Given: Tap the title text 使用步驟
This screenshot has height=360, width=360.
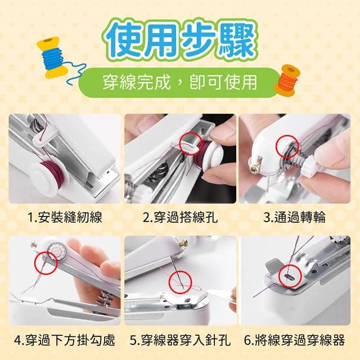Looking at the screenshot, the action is point(180,40).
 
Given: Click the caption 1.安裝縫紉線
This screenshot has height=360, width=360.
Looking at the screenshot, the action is point(65,217).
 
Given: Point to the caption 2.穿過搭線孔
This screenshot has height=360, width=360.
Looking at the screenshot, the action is point(180,217).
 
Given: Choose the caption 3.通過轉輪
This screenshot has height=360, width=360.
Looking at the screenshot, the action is point(295,217).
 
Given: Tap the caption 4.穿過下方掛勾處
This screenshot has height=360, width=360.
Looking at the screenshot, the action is point(65,340).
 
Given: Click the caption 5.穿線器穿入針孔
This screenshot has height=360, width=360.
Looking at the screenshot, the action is point(180,340).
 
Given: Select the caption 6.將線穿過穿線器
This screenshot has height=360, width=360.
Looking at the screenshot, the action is point(295,340).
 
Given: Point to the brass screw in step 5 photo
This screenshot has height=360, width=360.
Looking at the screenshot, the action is point(183,243).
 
